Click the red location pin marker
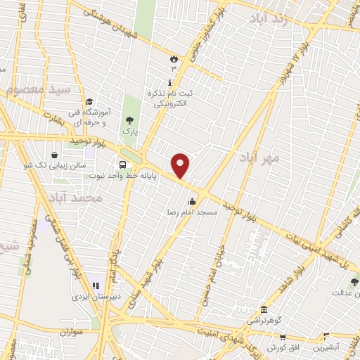click(x=181, y=165)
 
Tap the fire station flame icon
click(x=173, y=59)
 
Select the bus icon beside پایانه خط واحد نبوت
click(x=123, y=165)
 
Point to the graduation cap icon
click(x=89, y=102)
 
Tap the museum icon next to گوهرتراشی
click(x=264, y=310)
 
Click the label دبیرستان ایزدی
click(x=96, y=297)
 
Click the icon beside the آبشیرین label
click(x=325, y=337)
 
